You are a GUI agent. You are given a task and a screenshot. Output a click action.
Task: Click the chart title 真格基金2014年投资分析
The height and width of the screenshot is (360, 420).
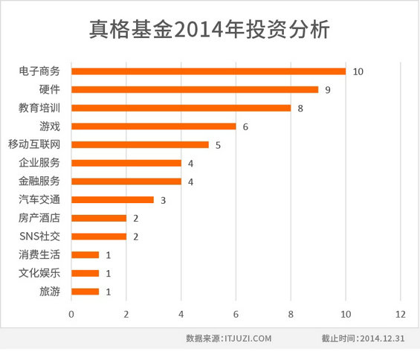pyautogui.click(x=210, y=29)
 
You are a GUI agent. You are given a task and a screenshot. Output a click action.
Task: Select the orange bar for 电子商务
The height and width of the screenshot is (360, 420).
pyautogui.click(x=208, y=71)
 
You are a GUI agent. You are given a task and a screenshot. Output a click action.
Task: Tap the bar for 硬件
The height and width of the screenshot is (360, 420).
pyautogui.click(x=195, y=89)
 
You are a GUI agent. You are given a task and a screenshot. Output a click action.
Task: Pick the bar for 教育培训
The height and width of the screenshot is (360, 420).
pyautogui.click(x=181, y=108)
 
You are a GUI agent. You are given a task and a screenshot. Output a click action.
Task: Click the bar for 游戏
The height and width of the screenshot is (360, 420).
pyautogui.click(x=153, y=126)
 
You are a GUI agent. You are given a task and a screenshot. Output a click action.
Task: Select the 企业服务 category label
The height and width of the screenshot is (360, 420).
pyautogui.click(x=39, y=163)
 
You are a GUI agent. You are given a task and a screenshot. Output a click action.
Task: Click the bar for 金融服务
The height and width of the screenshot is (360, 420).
pyautogui.click(x=126, y=181)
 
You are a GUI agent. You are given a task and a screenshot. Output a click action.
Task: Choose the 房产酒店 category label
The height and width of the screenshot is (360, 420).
pyautogui.click(x=39, y=218)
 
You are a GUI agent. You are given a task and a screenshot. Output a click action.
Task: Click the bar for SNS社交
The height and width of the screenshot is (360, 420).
pyautogui.click(x=98, y=236)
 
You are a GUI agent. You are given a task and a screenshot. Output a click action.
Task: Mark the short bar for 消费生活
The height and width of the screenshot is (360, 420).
pyautogui.click(x=85, y=254)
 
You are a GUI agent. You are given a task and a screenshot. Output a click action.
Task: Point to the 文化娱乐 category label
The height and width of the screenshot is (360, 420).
pyautogui.click(x=39, y=273)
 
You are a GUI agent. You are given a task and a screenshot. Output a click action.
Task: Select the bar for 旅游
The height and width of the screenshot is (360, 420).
pyautogui.click(x=85, y=291)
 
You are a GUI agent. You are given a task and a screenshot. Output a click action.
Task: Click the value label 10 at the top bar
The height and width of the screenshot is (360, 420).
pyautogui.click(x=358, y=71)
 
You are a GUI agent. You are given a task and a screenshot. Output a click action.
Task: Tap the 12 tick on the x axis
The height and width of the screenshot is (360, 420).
pyautogui.click(x=401, y=314)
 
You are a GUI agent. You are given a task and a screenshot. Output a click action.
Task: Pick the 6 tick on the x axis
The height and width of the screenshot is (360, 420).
pyautogui.click(x=236, y=314)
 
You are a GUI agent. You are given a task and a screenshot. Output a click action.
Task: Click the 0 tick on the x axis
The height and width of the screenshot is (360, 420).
pyautogui.click(x=71, y=314)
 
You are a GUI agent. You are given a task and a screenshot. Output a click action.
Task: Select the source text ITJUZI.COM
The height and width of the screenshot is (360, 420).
pyautogui.click(x=248, y=338)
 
